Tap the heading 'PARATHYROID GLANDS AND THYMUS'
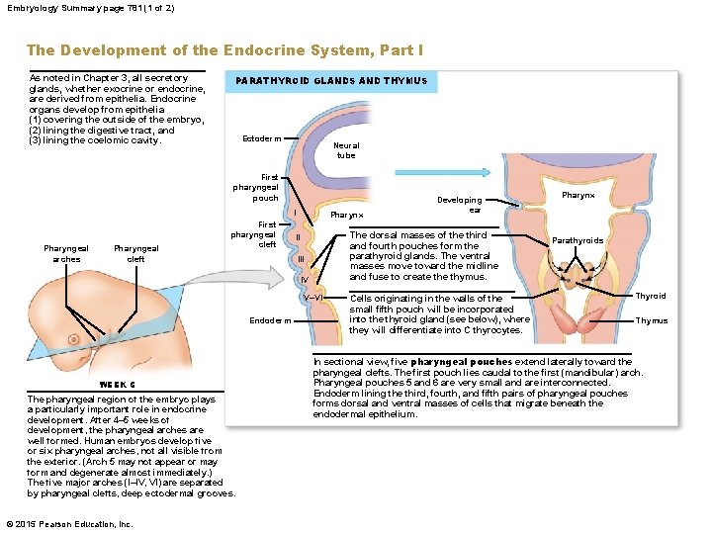point(331,81)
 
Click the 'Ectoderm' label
point(261,138)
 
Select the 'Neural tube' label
point(346,150)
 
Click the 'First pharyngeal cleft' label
point(253,234)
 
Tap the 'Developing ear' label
point(461,205)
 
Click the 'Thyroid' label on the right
point(651,296)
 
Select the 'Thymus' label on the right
point(651,320)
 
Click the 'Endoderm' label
point(270,320)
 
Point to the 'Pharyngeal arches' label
point(66,254)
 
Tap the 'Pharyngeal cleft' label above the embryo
point(136,254)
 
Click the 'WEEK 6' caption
point(118,385)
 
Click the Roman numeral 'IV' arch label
point(306,279)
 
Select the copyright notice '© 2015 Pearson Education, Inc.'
point(68,524)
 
